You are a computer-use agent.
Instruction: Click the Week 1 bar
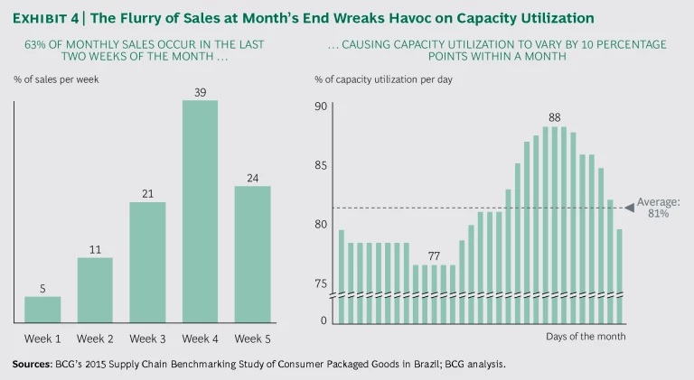(x=42, y=309)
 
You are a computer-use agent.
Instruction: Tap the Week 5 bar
(x=252, y=254)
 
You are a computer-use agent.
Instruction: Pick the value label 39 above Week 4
(x=200, y=92)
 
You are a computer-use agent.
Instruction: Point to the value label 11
(x=95, y=249)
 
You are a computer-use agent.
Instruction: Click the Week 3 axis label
(x=147, y=338)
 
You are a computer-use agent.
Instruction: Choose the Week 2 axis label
(x=95, y=338)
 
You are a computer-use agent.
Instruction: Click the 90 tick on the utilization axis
(x=321, y=107)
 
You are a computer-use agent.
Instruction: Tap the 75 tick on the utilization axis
(x=321, y=283)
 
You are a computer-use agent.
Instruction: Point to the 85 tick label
(x=321, y=165)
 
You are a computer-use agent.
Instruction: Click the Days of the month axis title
(x=586, y=337)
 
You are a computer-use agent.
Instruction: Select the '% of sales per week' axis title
(x=56, y=79)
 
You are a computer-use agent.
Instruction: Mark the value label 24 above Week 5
(x=252, y=178)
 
